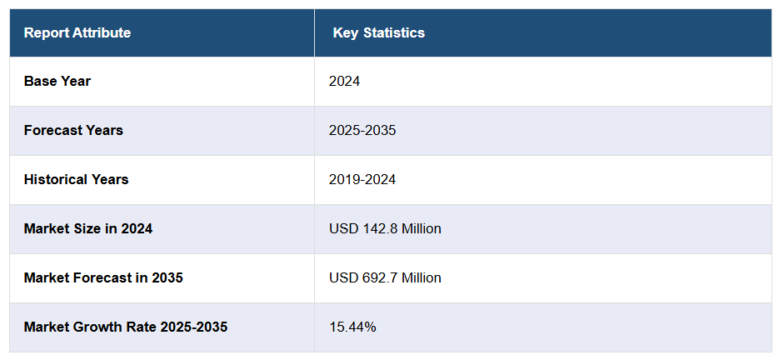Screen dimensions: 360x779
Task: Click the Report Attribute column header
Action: click(77, 33)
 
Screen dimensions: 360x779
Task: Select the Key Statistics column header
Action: click(378, 33)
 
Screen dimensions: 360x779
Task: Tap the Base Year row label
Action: click(57, 82)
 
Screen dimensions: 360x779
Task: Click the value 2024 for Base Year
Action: click(344, 82)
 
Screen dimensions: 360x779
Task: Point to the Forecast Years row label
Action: click(73, 131)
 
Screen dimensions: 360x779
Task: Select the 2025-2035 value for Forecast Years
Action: click(362, 131)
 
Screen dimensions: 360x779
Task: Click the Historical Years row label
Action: click(76, 180)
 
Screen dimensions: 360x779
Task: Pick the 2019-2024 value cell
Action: click(362, 180)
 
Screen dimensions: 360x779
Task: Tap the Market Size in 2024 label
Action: click(87, 228)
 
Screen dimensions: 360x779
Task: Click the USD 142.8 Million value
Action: click(385, 228)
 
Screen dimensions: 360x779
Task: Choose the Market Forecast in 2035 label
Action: click(103, 277)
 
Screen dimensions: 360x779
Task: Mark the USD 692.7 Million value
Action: click(385, 277)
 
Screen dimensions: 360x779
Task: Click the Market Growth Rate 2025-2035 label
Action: click(125, 327)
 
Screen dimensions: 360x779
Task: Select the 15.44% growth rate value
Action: click(352, 327)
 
